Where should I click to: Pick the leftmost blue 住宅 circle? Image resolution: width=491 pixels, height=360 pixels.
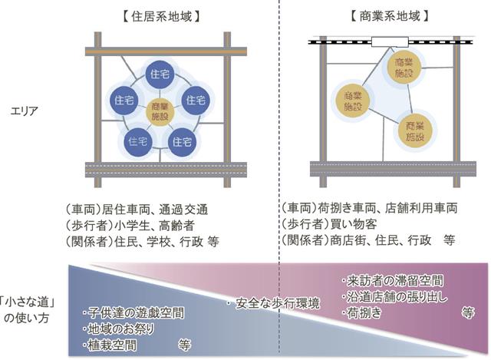pyautogui.click(x=124, y=101)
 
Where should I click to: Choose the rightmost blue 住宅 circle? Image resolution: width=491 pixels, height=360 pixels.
pyautogui.click(x=195, y=101)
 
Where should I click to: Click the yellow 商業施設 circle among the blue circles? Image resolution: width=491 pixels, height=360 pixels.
pyautogui.click(x=160, y=111)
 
